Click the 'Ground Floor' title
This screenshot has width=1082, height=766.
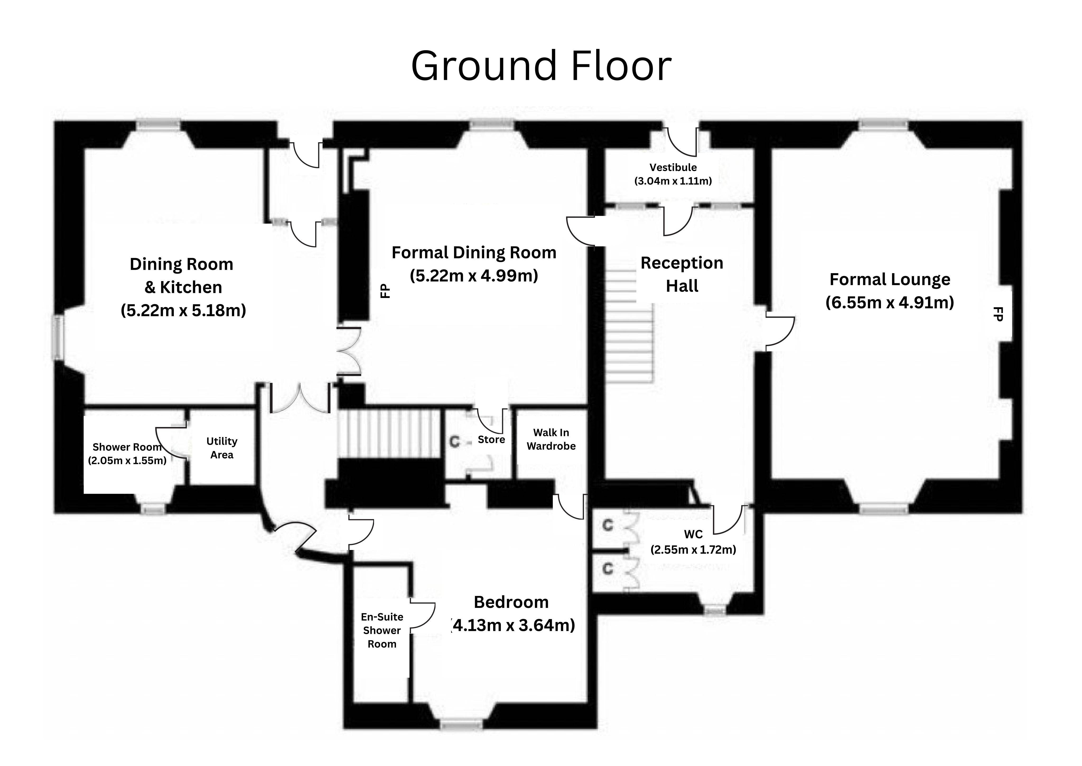(541, 66)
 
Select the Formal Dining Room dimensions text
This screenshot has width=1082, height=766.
(474, 276)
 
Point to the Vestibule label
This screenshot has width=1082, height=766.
(673, 167)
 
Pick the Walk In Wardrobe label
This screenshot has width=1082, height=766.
(551, 439)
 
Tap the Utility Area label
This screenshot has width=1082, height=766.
(221, 448)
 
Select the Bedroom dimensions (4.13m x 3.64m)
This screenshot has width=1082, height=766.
(513, 625)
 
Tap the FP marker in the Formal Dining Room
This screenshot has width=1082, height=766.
(385, 291)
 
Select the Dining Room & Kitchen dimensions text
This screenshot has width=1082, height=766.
(183, 310)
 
